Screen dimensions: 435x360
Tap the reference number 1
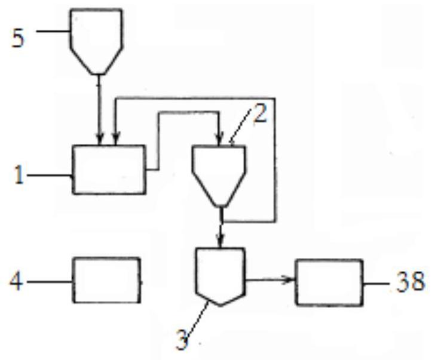(x=19, y=177)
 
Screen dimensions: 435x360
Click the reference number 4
(x=17, y=281)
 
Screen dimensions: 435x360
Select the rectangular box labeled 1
(x=108, y=170)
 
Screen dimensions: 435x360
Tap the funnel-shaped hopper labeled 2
(x=219, y=172)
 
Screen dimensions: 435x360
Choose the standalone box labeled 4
(x=107, y=279)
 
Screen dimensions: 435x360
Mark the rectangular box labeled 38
(x=329, y=282)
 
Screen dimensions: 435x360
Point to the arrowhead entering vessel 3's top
(x=220, y=244)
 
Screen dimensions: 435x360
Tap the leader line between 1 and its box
(x=49, y=176)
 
